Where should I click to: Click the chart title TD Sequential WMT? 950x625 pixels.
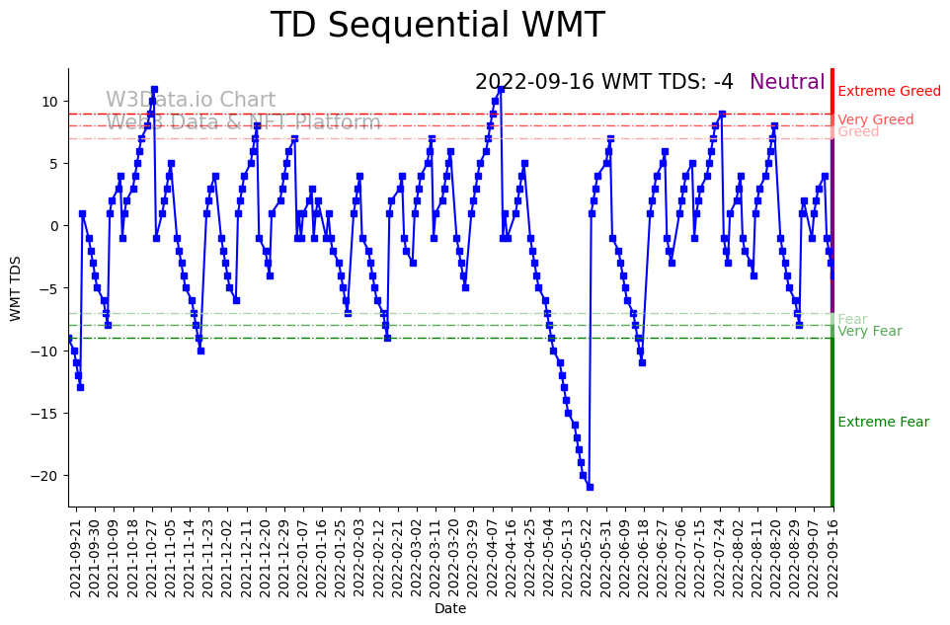(x=437, y=26)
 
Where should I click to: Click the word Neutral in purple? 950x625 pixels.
(x=787, y=82)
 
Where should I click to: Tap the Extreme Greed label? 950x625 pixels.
(x=889, y=92)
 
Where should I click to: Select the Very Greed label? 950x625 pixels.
(x=875, y=120)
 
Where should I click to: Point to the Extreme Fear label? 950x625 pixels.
(x=883, y=423)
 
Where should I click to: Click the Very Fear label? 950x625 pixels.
(x=869, y=332)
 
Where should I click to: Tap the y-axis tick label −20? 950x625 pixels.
(x=46, y=476)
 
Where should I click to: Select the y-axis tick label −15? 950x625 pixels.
(x=46, y=414)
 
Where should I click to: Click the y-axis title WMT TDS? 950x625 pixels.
(x=16, y=287)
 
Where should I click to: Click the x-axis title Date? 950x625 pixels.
(x=450, y=609)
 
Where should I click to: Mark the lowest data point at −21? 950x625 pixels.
(x=590, y=487)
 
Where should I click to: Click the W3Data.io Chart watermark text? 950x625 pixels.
(x=191, y=100)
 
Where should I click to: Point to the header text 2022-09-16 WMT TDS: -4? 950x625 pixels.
(x=603, y=82)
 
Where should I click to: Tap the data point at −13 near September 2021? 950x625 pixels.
(x=80, y=387)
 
